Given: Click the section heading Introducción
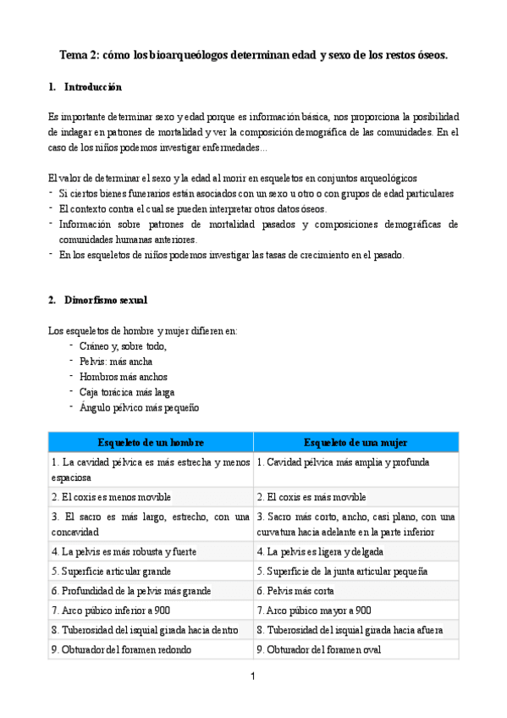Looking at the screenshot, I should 92,87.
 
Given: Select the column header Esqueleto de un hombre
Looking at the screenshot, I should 151,442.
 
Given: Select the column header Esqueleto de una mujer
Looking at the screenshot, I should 355,442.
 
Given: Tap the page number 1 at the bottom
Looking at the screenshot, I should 252,677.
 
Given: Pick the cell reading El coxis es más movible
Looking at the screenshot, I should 311,497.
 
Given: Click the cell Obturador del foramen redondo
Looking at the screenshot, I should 121,649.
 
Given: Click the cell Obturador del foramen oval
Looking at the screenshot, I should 318,649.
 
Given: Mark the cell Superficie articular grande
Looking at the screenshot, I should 111,571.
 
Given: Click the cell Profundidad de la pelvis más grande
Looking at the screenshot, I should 130,590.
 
